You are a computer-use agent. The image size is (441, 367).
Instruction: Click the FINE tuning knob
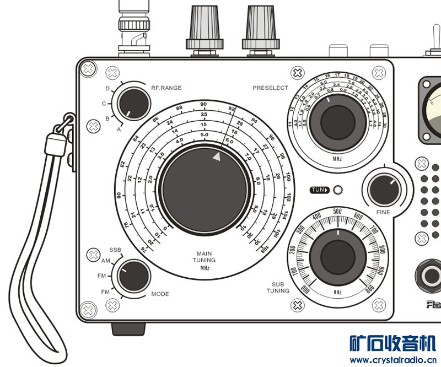coord(384,189)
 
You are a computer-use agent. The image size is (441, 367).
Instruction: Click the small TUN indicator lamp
coord(338,190)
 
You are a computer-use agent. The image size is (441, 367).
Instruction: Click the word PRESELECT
coord(270,88)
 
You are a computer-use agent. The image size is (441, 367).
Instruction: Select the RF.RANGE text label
coord(166,88)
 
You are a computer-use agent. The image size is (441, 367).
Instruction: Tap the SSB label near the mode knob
coord(115,250)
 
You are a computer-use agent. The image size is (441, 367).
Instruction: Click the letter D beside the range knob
coord(107,89)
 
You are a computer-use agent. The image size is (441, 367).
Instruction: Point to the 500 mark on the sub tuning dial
coord(338,211)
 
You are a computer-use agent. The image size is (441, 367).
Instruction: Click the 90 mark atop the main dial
coord(203,104)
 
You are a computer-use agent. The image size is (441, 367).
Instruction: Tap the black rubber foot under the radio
coord(128,328)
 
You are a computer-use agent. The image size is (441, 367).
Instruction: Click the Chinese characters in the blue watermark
coord(393,344)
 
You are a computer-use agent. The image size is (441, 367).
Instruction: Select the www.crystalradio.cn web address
coord(394,360)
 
